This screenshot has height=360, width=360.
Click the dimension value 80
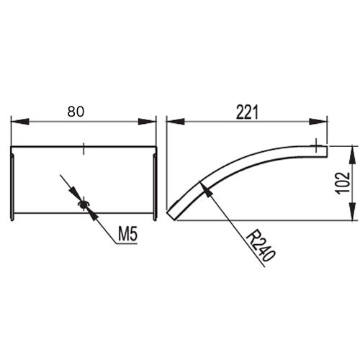coord(76,112)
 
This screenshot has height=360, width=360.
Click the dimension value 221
coord(247,112)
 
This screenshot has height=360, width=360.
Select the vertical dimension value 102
coord(343,183)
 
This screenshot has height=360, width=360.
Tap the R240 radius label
coord(261,246)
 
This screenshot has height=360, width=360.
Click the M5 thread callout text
coord(128,235)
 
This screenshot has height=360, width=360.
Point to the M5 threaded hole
coord(83,204)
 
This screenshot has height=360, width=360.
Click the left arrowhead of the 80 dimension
coord(19,122)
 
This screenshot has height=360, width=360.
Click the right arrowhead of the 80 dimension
coord(147,122)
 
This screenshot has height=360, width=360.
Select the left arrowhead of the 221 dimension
coord(176,122)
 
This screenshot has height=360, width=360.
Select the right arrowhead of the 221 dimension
coord(318,122)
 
